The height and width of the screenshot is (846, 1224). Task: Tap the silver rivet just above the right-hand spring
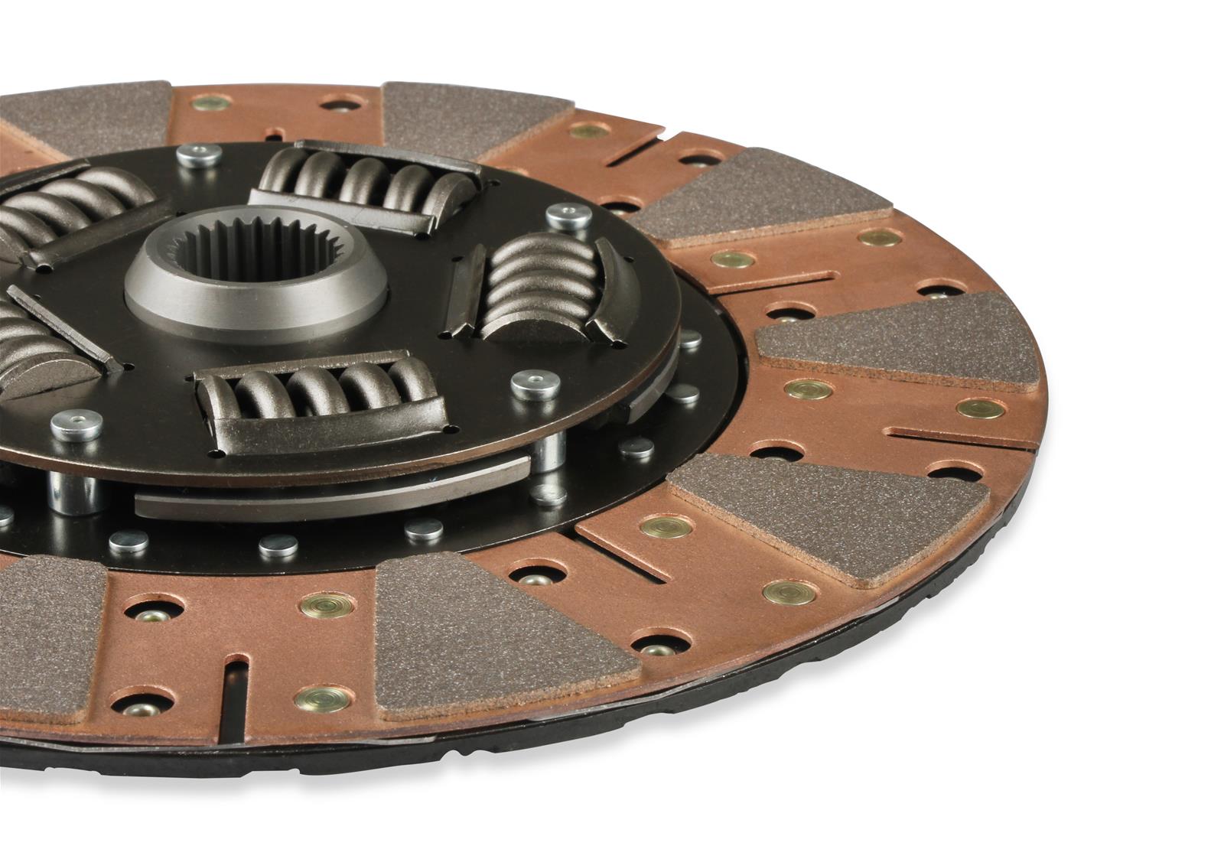(568, 216)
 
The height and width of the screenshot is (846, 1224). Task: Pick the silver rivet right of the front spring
(534, 383)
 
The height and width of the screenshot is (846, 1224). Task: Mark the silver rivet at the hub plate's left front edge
(76, 424)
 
